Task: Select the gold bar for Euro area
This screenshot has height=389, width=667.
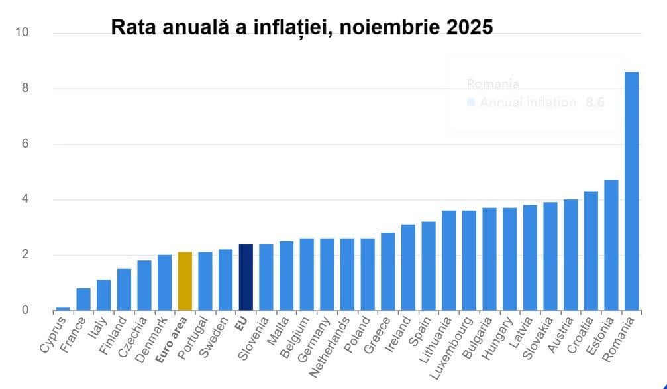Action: click(185, 281)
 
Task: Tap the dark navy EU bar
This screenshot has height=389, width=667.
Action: click(246, 277)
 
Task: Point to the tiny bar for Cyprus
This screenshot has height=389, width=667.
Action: click(64, 308)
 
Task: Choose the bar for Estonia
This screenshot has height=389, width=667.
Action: click(611, 245)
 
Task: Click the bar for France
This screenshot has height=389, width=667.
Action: click(83, 299)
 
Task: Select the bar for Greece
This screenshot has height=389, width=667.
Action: click(388, 272)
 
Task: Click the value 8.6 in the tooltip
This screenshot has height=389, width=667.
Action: click(594, 103)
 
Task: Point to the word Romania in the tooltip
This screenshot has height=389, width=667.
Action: click(493, 84)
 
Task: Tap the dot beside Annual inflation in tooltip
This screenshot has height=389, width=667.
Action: click(471, 103)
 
